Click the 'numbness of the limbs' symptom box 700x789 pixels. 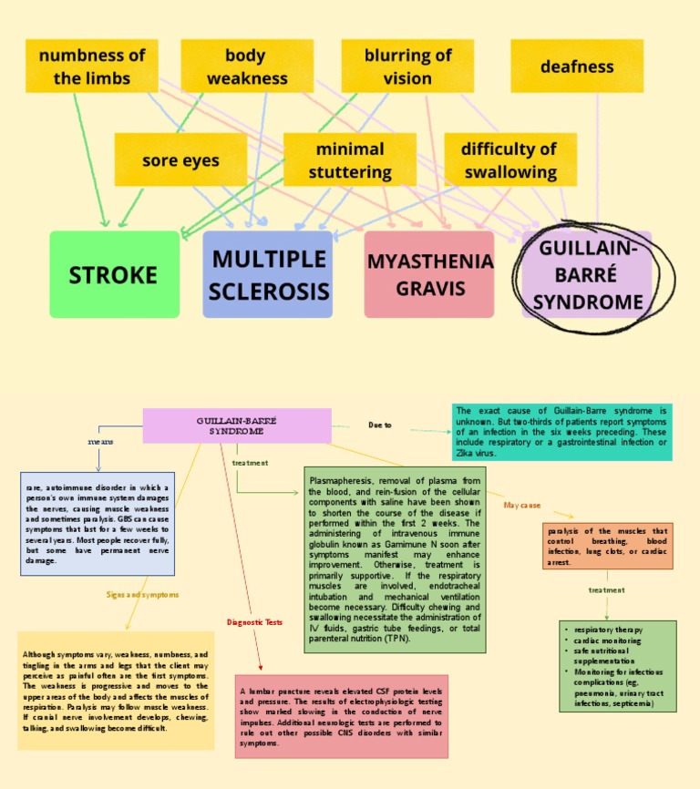[92, 67]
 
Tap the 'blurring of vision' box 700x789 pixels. [407, 67]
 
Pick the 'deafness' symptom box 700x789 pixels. [577, 67]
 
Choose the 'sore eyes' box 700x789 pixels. [180, 160]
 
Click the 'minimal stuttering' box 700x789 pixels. [350, 160]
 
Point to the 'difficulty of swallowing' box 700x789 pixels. [510, 160]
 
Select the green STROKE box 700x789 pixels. [114, 274]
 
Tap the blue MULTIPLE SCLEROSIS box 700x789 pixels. [268, 274]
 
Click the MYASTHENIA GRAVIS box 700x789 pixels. [429, 274]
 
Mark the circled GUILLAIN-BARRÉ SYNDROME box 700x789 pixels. [588, 274]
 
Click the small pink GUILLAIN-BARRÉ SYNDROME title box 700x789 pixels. [237, 425]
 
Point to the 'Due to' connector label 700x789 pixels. [380, 425]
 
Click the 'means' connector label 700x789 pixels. [100, 441]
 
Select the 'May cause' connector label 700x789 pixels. [522, 505]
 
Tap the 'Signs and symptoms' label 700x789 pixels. [142, 594]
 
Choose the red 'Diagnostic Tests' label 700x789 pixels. [254, 622]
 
